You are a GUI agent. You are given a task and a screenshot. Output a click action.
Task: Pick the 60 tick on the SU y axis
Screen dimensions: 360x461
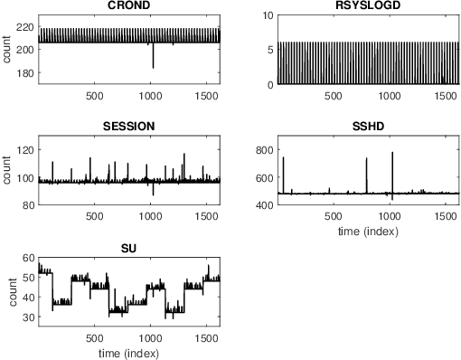click(29, 258)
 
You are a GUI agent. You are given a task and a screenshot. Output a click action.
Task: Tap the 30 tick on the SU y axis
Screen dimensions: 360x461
click(29, 317)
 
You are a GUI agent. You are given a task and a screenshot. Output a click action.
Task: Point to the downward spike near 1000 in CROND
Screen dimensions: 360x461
click(153, 66)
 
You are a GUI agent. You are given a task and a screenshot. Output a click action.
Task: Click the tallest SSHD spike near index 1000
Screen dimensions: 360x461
click(392, 153)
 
